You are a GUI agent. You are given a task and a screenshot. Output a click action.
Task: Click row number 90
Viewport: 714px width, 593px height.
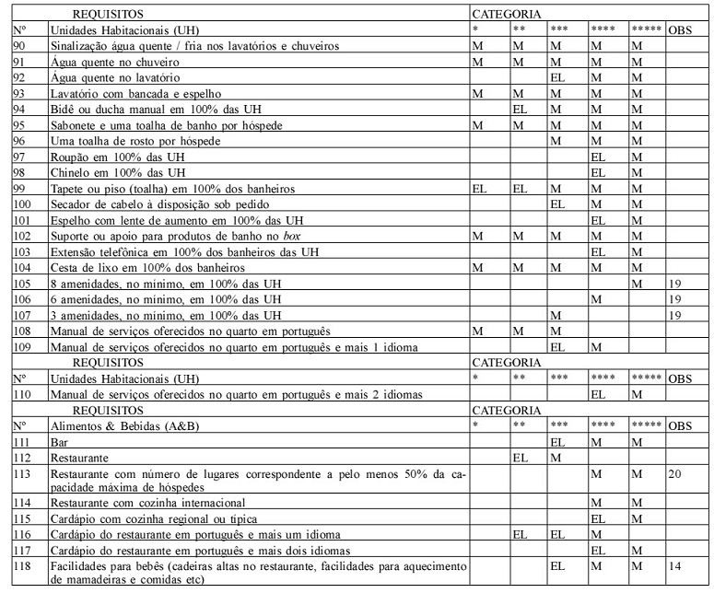click(19, 46)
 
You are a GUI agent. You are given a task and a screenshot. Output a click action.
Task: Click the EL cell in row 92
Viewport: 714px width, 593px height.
click(556, 78)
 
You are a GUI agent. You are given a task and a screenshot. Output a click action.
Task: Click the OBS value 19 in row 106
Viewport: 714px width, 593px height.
click(676, 298)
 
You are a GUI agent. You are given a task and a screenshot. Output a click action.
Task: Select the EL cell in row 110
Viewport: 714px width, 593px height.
click(597, 394)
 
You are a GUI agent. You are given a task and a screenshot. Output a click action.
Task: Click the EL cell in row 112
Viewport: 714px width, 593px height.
click(520, 457)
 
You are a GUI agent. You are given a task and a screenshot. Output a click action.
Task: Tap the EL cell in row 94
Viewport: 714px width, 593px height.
click(520, 110)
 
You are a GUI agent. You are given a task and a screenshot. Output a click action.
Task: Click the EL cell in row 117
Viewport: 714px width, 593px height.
click(597, 551)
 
